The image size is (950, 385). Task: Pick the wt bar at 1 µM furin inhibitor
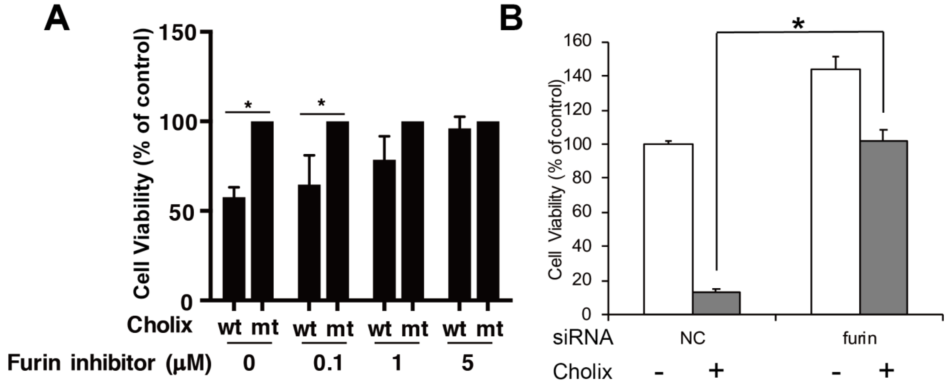click(384, 230)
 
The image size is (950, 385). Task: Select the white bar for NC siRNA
click(668, 229)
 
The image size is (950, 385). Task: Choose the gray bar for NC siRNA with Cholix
click(716, 303)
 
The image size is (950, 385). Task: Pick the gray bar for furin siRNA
click(884, 227)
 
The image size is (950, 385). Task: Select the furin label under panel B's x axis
click(860, 338)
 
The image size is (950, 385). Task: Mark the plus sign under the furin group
click(886, 371)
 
